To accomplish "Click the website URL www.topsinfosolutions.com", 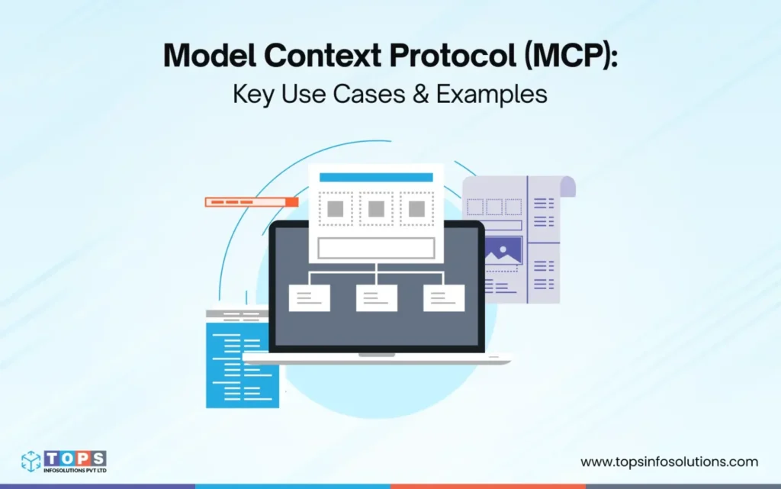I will (x=669, y=462).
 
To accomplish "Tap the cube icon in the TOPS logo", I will (x=31, y=460).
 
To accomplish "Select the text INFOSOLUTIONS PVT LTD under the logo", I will (x=75, y=470).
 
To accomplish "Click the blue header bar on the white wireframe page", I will (x=376, y=177).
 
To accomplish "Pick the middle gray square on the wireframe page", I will (x=376, y=208).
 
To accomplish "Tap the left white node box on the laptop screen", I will (x=309, y=298).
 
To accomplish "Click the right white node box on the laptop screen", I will (x=444, y=298).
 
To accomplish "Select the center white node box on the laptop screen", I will (x=376, y=298).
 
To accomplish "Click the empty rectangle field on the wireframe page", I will (x=376, y=248).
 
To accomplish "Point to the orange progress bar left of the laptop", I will (x=251, y=202).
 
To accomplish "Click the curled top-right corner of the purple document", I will (x=565, y=186).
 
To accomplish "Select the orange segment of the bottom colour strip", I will (x=488, y=485).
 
